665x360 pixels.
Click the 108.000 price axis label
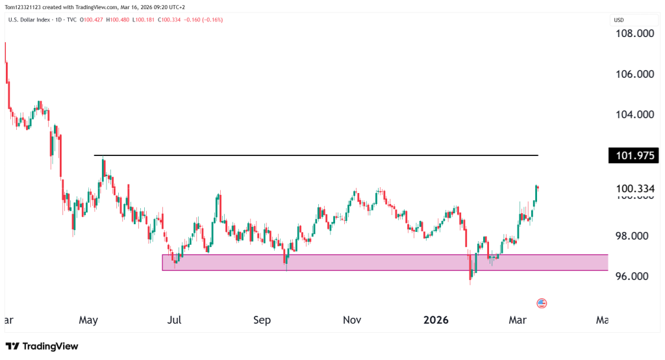(x=634, y=34)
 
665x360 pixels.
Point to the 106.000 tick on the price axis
(x=634, y=75)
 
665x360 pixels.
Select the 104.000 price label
(x=634, y=115)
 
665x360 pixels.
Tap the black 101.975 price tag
(x=633, y=155)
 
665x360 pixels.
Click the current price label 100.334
(x=634, y=189)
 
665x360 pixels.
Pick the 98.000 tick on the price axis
(x=634, y=237)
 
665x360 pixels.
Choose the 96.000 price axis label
(x=634, y=277)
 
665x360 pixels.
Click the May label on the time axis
(x=88, y=320)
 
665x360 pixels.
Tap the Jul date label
(x=173, y=320)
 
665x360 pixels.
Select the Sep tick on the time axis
(x=262, y=320)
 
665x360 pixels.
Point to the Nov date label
(x=351, y=320)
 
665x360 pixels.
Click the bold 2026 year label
(x=436, y=320)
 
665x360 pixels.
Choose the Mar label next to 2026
(x=518, y=320)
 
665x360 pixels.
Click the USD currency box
(x=619, y=19)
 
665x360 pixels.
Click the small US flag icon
(x=542, y=303)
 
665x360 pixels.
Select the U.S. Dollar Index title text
(x=32, y=19)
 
